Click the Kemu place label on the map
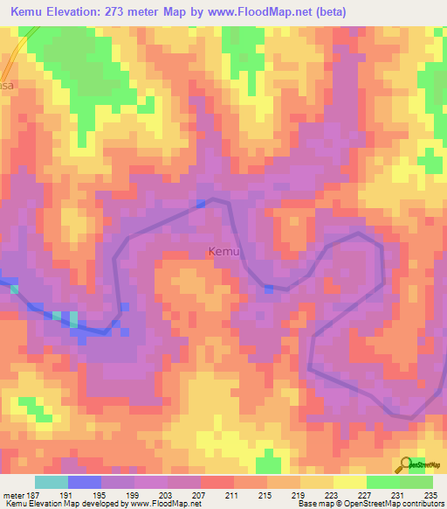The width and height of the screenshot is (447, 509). tap(223, 253)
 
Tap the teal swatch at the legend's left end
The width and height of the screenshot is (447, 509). tap(52, 482)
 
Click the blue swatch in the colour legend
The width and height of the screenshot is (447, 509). tap(85, 482)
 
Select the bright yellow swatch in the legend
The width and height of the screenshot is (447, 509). tap(350, 482)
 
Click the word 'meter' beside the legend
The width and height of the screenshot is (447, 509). tap(12, 495)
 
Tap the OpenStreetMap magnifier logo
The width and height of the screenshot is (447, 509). tap(404, 464)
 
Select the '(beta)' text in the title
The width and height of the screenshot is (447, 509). tap(332, 12)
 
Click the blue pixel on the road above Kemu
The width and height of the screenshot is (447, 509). tap(202, 203)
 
